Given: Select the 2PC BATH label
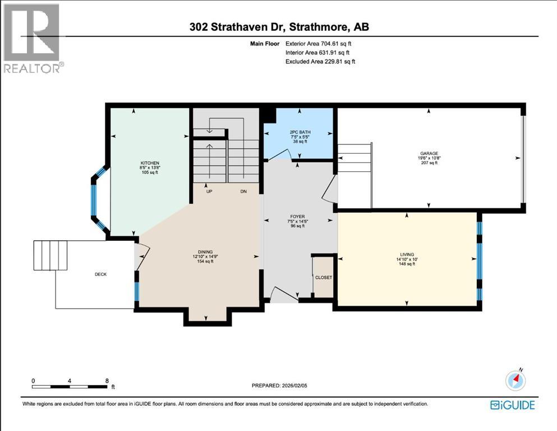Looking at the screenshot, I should click(x=299, y=131).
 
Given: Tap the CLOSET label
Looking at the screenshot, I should click(x=323, y=278).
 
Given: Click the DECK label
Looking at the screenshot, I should click(x=101, y=274).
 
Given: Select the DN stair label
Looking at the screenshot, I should click(x=243, y=191).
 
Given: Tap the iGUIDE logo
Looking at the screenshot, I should click(x=512, y=405).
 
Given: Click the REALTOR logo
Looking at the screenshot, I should click(x=33, y=39).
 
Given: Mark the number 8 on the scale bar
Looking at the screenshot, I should click(x=107, y=380).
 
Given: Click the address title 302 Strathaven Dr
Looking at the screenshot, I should click(x=278, y=27).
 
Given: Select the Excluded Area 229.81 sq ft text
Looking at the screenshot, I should click(x=320, y=61).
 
